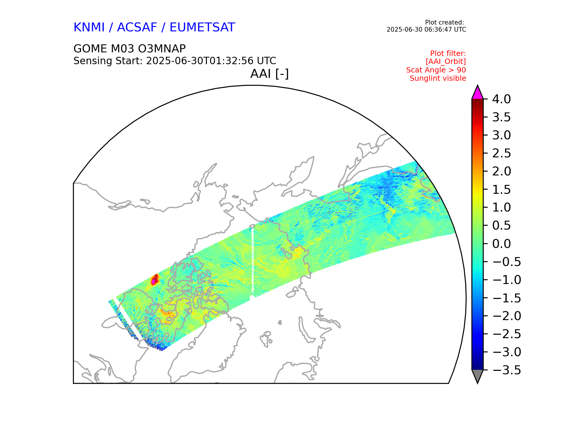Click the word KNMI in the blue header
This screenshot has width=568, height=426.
point(89,28)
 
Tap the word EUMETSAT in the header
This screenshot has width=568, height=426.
point(202,28)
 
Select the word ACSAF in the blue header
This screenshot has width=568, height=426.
point(137,28)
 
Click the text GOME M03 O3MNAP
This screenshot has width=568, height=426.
point(129,49)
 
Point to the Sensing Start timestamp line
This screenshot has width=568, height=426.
point(175,61)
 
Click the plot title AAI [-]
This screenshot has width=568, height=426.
point(269,74)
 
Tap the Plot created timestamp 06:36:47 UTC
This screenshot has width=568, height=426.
point(426,30)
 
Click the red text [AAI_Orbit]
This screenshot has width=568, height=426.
point(446,62)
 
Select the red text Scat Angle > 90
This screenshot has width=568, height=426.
point(436,70)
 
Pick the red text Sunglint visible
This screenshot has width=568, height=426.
point(438,78)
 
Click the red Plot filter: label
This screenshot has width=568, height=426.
point(448,54)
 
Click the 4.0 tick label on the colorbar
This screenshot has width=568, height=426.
point(501,99)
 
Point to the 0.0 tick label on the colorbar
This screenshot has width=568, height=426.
point(501,244)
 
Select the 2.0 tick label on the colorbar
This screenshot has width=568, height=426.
point(501,172)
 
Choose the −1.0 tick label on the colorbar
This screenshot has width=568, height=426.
point(507,280)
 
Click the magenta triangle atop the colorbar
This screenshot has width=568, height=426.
point(477,93)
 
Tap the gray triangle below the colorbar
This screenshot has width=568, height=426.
point(477,376)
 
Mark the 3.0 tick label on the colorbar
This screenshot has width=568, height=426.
point(501,135)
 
